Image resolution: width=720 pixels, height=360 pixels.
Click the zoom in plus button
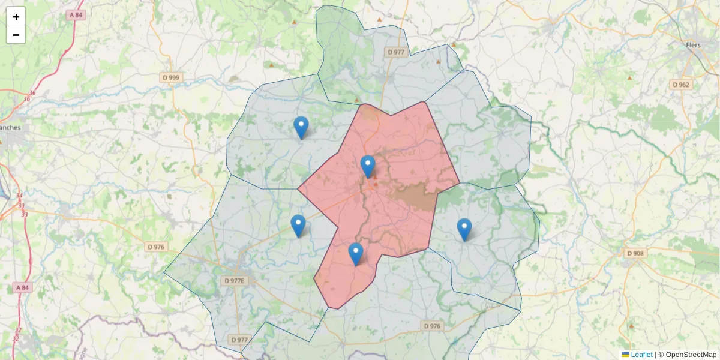point(16,17)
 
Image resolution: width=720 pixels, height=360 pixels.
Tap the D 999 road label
point(171,77)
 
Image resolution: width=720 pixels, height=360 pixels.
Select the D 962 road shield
point(681,85)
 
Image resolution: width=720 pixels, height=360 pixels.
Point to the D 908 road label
point(635,253)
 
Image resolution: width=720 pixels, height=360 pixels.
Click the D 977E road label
point(235,280)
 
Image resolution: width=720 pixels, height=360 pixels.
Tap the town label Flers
point(693,45)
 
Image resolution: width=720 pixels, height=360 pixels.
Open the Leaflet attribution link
point(641,355)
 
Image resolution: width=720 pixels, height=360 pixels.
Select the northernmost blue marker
point(301,127)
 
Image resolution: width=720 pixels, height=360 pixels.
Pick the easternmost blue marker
point(464,229)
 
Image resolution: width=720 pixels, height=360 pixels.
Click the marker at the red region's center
point(368,166)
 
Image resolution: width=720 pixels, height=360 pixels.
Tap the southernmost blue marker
point(356,254)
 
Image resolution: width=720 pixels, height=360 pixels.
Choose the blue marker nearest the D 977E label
point(298,226)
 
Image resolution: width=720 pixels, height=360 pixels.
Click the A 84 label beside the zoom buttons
point(76,14)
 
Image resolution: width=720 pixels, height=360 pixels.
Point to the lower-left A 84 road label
point(22,287)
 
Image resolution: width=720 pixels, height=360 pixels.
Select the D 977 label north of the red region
point(397,52)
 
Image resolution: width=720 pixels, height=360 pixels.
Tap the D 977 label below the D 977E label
point(239,340)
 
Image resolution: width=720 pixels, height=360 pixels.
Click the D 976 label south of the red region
point(432,326)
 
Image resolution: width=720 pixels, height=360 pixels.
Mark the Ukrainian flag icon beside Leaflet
point(626,355)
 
